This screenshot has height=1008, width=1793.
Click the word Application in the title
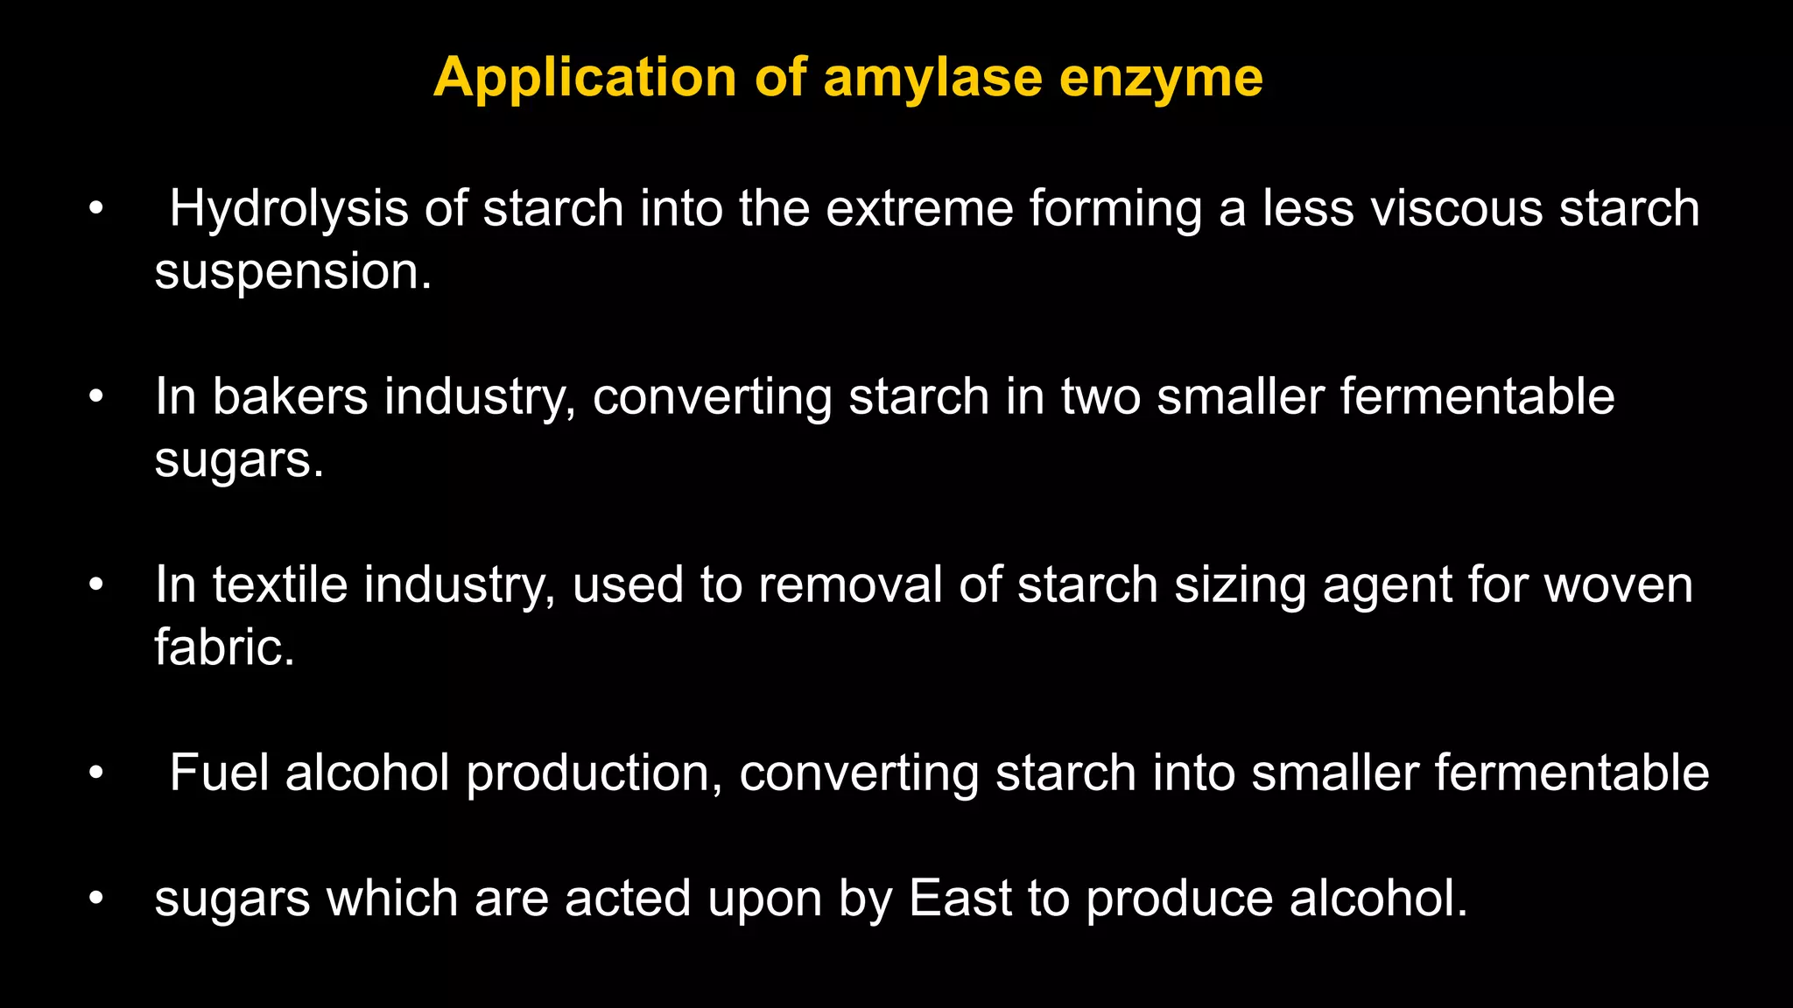tap(585, 78)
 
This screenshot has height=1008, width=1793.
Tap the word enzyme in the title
tap(1161, 78)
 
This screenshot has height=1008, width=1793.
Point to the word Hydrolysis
tap(289, 209)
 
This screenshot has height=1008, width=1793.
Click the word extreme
tap(919, 209)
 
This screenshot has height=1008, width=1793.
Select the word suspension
tap(292, 272)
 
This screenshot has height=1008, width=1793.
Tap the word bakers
tap(290, 396)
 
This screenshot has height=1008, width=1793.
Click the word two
tap(1100, 396)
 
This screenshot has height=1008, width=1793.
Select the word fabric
tap(224, 647)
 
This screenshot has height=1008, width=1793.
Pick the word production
tap(594, 773)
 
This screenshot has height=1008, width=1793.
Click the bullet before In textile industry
tap(96, 584)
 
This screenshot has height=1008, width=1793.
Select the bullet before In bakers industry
tap(96, 396)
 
